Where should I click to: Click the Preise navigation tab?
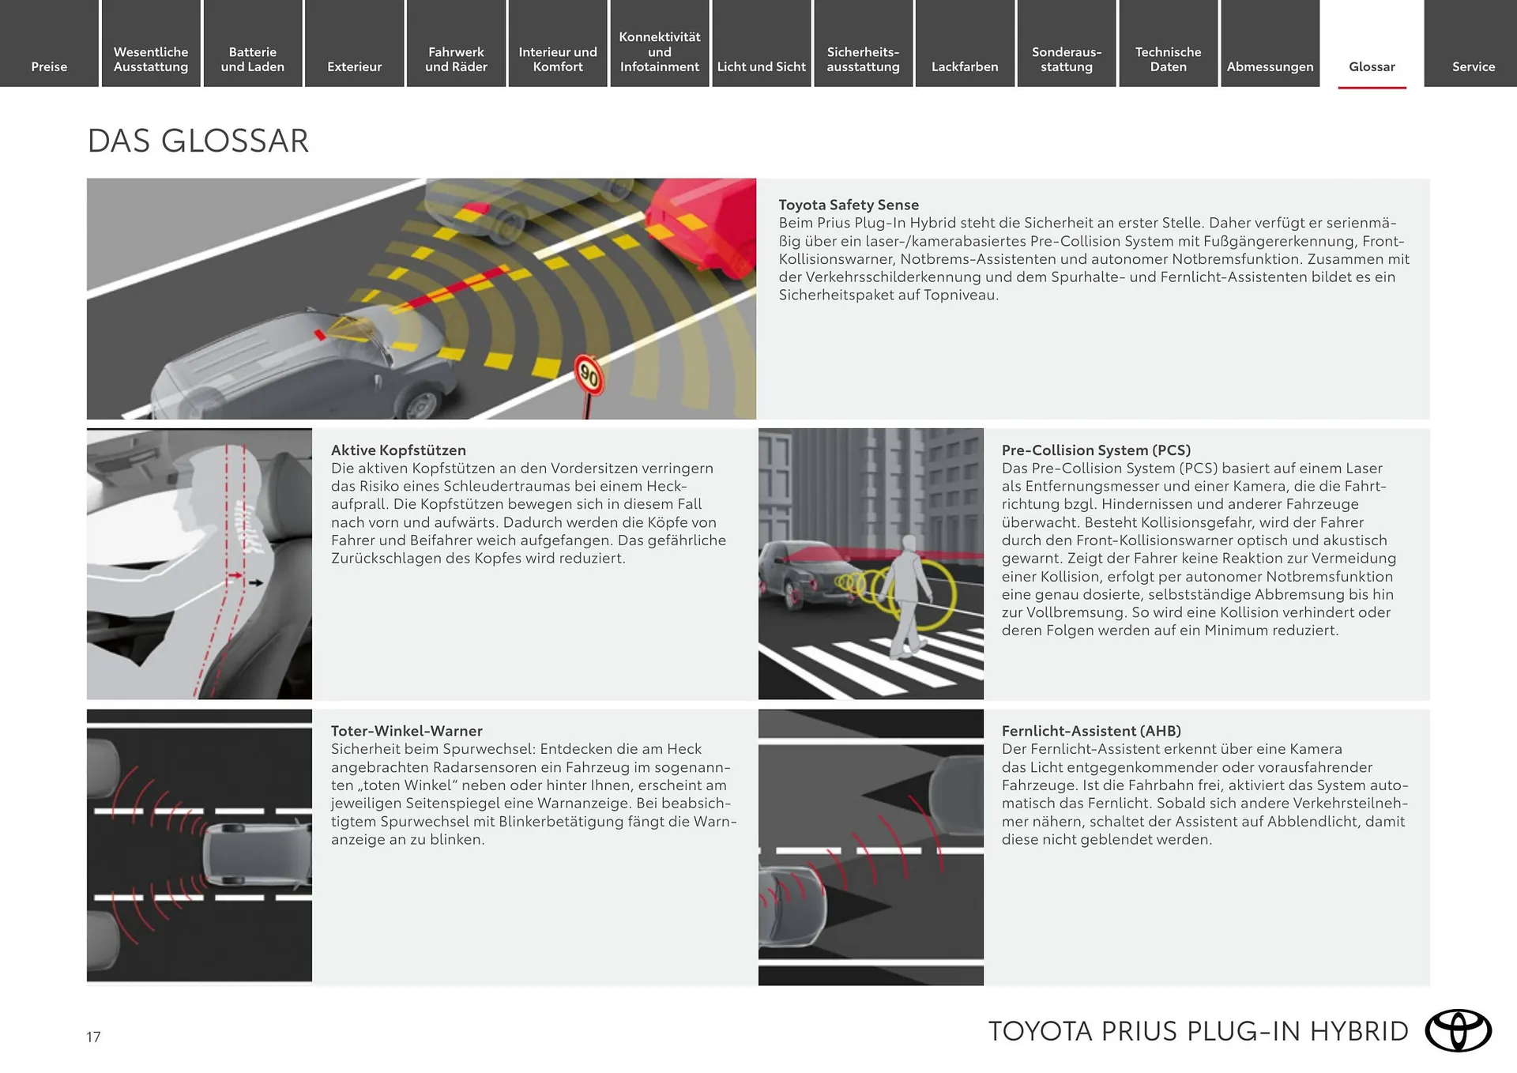pos(49,66)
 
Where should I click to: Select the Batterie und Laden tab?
pos(252,59)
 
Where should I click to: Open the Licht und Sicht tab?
pos(761,66)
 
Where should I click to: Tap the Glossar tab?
pos(1372,66)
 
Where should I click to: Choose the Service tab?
pos(1473,66)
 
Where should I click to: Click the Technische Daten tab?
pos(1168,59)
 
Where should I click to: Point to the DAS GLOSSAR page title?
pos(198,141)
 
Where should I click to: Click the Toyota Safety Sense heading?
pos(849,205)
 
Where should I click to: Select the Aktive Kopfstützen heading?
pos(398,450)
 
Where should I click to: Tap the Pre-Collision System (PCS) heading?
pos(1096,450)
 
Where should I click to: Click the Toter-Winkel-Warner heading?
pos(406,731)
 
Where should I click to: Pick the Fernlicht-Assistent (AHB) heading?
pos(1091,731)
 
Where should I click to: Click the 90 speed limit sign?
pos(589,375)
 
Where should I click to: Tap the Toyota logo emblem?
pos(1458,1030)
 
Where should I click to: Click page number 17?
pos(93,1037)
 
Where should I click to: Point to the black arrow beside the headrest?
pos(255,583)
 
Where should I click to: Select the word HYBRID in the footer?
pos(1359,1031)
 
